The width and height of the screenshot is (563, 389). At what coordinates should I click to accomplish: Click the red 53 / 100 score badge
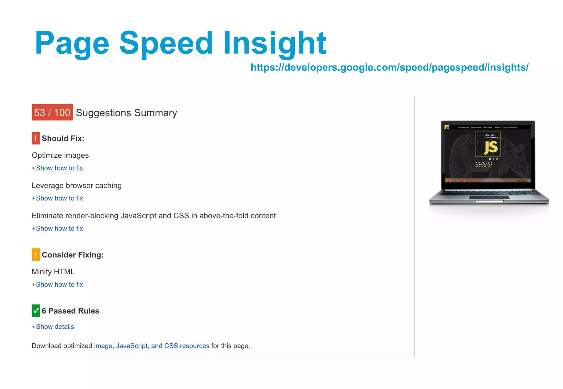pos(52,112)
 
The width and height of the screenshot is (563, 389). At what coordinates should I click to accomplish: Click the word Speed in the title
pos(166,43)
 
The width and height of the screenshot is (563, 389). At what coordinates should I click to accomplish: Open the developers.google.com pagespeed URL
pos(389,67)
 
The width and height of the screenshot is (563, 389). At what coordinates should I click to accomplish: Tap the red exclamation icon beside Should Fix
pos(36,138)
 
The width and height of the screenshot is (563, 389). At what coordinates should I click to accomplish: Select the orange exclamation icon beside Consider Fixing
pos(36,255)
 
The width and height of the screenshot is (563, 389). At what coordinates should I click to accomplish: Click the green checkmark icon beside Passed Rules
pos(36,311)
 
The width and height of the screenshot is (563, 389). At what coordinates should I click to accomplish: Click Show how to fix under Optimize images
pos(59,168)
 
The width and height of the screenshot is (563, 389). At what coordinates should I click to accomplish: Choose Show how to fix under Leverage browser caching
pos(59,198)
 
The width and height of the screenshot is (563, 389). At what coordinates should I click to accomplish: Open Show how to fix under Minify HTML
pos(59,284)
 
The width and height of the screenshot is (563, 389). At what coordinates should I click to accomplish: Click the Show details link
pos(55,327)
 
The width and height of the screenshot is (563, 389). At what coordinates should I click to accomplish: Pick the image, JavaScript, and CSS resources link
pos(151,346)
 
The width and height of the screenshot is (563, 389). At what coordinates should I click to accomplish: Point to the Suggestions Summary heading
pos(126,113)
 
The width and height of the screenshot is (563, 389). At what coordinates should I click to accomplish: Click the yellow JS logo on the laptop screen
pos(491,147)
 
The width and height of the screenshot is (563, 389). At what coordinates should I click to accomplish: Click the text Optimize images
pos(60,155)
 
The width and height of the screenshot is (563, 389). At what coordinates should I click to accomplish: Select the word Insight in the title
pos(275,43)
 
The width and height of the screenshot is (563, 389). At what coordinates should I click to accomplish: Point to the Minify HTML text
pos(53,272)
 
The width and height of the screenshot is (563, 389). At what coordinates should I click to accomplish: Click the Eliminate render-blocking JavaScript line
pos(154,216)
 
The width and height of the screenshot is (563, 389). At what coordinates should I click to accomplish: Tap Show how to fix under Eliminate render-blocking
pos(59,229)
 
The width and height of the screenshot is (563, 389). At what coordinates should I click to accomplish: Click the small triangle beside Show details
pos(33,327)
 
